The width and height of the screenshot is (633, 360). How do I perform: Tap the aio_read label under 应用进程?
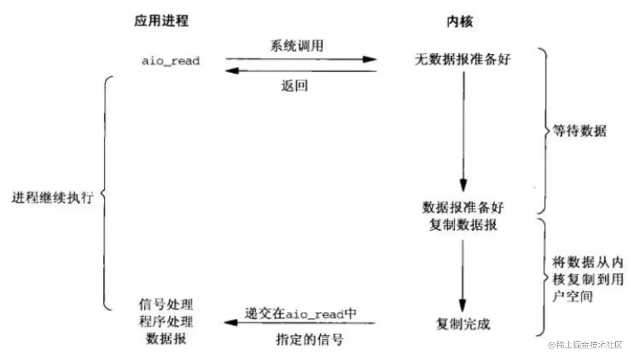pos(171,61)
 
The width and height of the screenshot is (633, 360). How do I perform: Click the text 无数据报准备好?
pos(462,60)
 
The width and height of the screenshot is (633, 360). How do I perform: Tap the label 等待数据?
pos(580,131)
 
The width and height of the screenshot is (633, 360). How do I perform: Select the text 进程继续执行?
pos(53,198)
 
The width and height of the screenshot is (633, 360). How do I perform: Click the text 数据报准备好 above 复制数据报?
pos(463,207)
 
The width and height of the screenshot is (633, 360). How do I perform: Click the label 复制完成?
pos(463,324)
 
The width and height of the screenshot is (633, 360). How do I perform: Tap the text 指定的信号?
pos(308,340)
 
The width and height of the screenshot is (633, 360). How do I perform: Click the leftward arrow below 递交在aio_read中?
pos(299,323)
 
